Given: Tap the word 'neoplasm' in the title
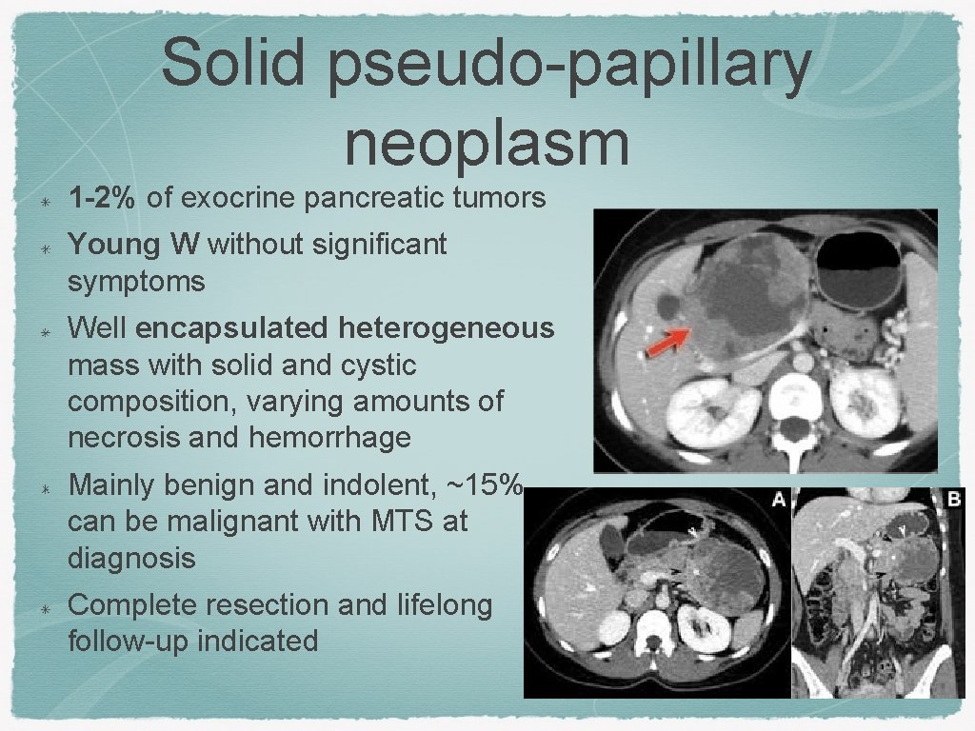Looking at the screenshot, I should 487,142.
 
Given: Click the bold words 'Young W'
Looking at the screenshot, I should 132,245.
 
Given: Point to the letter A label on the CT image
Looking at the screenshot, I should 778,499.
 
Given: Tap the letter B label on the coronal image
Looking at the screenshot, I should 954,498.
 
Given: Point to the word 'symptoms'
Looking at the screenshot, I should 136,282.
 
